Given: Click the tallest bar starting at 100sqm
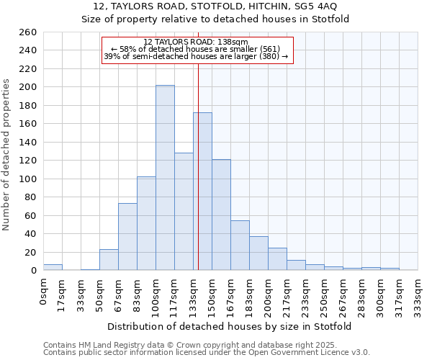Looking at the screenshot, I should tap(165, 178).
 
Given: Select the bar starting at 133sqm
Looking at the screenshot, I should tap(202, 192).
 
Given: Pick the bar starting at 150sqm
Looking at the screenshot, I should tap(221, 215).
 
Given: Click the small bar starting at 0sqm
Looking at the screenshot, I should tap(53, 267).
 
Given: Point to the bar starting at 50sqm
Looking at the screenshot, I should tap(109, 260).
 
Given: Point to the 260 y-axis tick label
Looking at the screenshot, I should tap(27, 32).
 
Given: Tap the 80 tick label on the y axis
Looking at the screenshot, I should tap(30, 197).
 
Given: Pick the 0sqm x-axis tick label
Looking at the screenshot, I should tap(44, 292).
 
